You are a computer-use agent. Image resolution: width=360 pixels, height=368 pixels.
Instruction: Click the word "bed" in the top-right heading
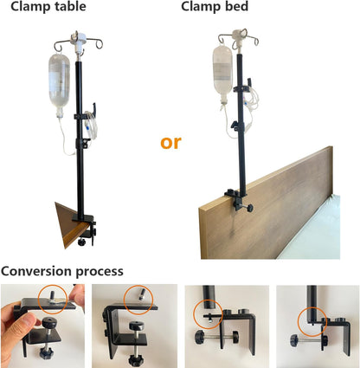pos(237,8)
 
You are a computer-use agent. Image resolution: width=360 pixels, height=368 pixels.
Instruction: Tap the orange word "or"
pos(170,141)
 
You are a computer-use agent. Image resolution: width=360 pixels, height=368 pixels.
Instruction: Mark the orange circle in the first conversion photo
pos(53,297)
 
